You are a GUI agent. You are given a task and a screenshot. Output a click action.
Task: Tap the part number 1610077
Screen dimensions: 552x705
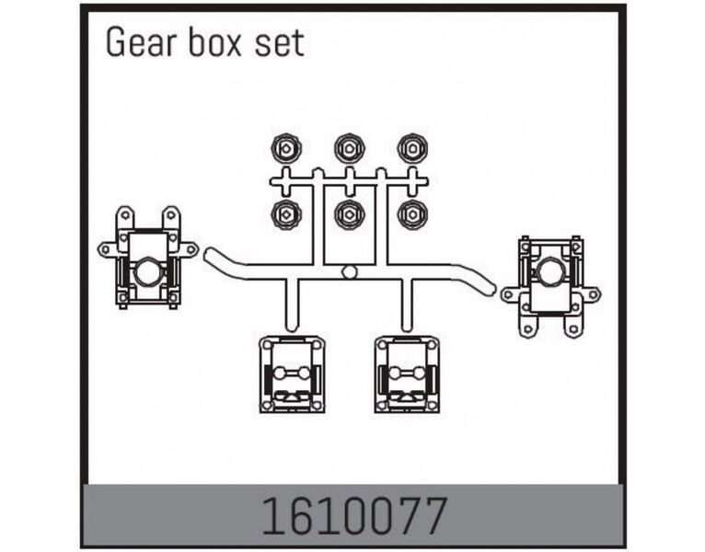352,516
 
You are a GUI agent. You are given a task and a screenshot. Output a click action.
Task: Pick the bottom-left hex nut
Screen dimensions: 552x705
286,213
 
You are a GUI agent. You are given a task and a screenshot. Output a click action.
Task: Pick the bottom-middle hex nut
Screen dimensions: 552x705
349,213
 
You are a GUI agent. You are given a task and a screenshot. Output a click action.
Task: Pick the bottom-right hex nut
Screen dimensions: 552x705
410,213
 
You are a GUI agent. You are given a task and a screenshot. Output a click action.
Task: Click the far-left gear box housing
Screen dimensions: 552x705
147,257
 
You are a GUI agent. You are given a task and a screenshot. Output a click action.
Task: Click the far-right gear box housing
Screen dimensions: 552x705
549,285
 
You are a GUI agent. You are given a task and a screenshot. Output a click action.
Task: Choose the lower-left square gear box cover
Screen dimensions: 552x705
291,374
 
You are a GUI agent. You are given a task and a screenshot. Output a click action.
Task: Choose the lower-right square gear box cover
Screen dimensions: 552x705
406,374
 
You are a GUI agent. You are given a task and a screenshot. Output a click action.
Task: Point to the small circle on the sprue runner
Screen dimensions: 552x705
349,272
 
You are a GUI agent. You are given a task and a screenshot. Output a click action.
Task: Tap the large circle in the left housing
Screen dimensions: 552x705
147,272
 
